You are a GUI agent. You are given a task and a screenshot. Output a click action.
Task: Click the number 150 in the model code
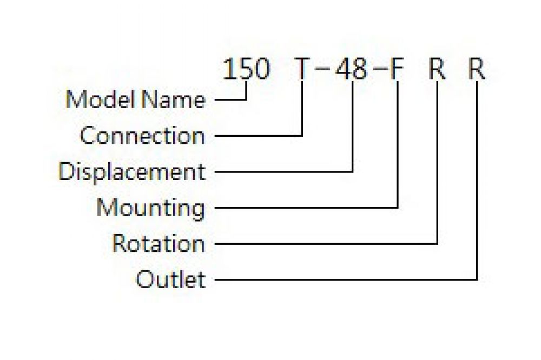tap(246, 69)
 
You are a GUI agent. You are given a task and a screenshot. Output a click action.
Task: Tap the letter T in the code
tap(302, 69)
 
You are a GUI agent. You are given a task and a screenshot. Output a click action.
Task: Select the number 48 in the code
tap(351, 69)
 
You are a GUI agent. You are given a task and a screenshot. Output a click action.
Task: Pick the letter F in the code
tap(397, 69)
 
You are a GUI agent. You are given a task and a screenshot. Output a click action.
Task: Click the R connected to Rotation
tap(437, 69)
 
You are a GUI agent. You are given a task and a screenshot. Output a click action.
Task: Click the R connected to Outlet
tap(477, 69)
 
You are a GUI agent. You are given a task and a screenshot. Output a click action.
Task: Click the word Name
tap(174, 99)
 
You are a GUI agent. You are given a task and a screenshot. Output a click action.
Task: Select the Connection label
tap(142, 135)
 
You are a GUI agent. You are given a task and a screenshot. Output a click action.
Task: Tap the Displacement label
tap(132, 171)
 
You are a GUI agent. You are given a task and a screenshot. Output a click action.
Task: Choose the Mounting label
tap(151, 208)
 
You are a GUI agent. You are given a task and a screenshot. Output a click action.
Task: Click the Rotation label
tap(159, 243)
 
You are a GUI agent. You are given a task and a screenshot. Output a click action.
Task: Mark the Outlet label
tap(171, 279)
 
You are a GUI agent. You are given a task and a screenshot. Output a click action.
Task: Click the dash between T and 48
tap(322, 69)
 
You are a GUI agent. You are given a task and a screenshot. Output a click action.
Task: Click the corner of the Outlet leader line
tap(477, 279)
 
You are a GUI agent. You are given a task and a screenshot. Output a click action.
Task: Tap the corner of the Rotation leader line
tap(437, 243)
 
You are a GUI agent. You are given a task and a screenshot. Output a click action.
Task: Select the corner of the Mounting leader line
tap(398, 208)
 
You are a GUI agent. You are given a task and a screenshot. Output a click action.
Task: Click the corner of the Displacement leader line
tap(352, 171)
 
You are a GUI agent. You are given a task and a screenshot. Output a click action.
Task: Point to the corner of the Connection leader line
tap(302, 136)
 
